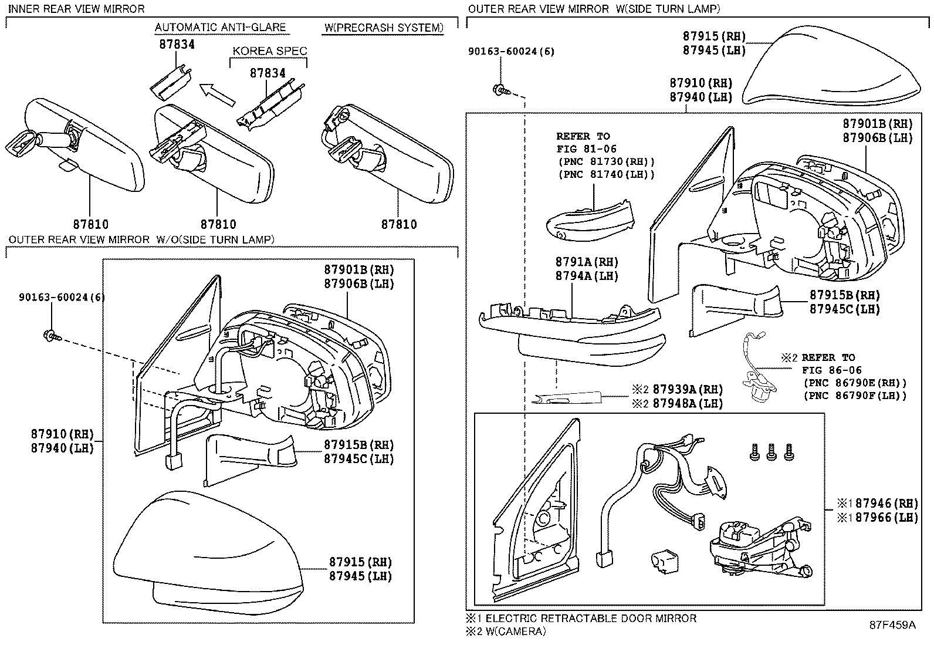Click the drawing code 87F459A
(x=892, y=625)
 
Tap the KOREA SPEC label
(x=269, y=51)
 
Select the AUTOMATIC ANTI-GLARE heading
(x=220, y=28)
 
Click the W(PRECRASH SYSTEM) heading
(x=383, y=28)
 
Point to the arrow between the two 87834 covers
(x=216, y=94)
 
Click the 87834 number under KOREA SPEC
(x=268, y=73)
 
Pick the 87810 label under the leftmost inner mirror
(x=91, y=224)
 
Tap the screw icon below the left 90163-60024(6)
(x=49, y=336)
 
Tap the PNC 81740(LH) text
(x=605, y=174)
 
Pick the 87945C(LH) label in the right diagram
(x=845, y=309)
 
